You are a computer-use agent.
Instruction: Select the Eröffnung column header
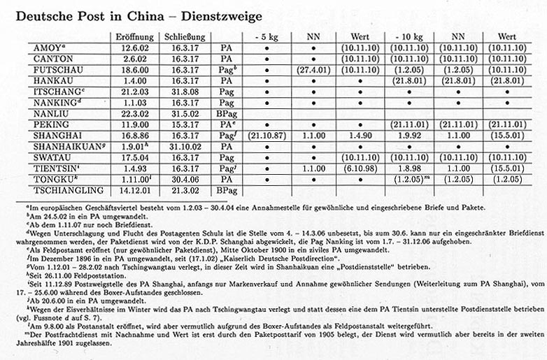click(134, 37)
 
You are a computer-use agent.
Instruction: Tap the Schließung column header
click(185, 37)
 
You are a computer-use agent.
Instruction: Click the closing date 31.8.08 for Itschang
click(185, 91)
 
